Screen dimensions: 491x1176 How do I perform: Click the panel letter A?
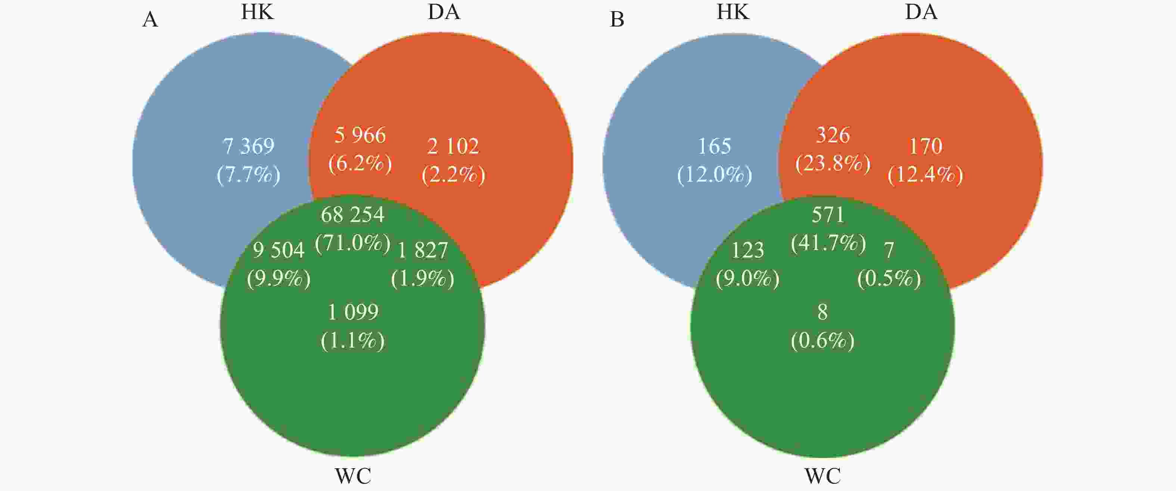(150, 20)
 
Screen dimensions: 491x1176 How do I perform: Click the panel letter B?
(617, 20)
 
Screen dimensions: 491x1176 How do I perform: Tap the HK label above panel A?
(258, 12)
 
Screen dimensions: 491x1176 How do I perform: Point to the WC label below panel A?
(353, 476)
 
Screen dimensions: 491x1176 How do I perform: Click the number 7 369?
(248, 146)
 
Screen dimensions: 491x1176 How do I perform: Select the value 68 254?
(352, 214)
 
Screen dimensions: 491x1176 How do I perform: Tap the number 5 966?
(360, 135)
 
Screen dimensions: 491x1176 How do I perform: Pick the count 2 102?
(453, 146)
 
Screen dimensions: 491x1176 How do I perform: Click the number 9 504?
(279, 250)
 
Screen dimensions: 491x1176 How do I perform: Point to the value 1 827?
(422, 250)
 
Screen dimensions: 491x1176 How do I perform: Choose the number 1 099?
(353, 312)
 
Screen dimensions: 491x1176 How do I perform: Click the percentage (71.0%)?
(352, 243)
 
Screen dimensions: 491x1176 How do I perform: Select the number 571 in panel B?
(828, 214)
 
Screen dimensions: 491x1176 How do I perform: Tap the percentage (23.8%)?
(833, 163)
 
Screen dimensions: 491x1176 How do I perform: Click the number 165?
(715, 146)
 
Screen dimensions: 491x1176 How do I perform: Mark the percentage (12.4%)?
(925, 175)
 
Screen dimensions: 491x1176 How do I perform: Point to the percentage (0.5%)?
(889, 278)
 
